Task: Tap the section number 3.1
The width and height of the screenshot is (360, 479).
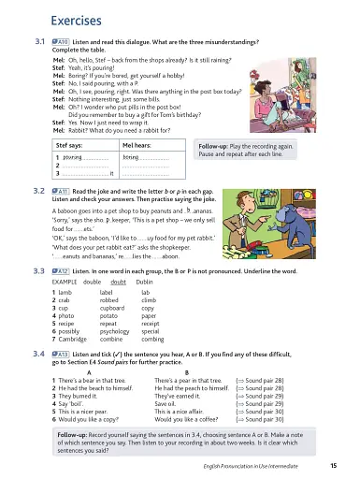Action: [40, 43]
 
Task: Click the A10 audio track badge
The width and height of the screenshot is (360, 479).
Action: [64, 43]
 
